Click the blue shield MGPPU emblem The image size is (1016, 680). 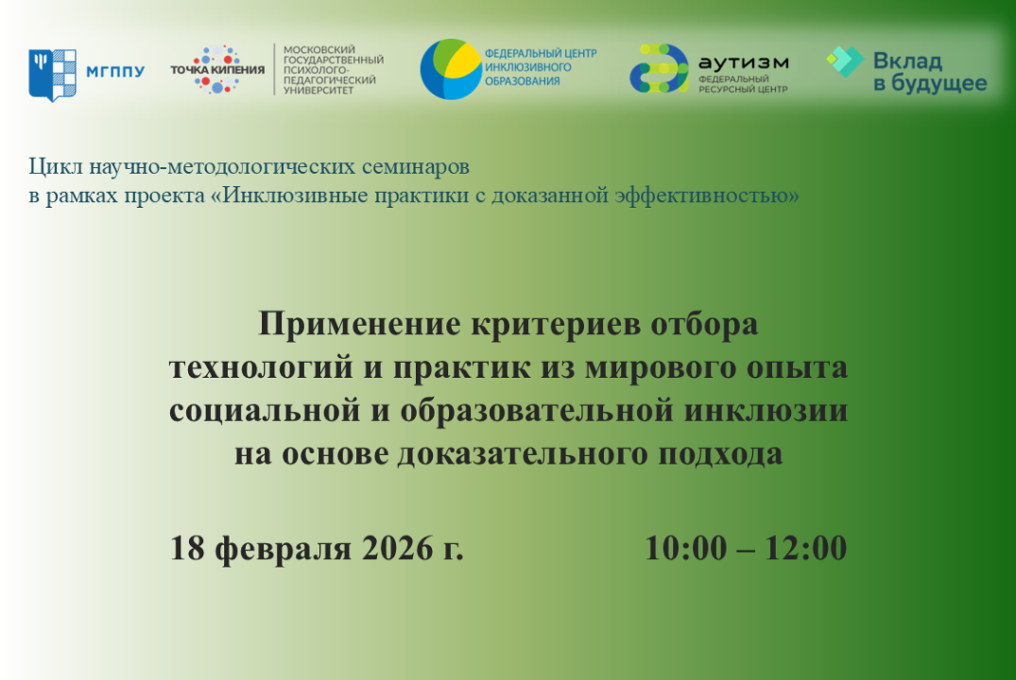tap(53, 75)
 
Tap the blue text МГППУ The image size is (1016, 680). tap(115, 71)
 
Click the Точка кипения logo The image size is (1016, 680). tap(217, 69)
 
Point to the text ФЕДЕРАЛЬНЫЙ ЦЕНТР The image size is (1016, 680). tap(541, 53)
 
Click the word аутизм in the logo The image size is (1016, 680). tap(744, 63)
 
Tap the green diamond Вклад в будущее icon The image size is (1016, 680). tap(845, 61)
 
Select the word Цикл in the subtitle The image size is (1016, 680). tap(56, 166)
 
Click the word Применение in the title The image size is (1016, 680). tap(360, 324)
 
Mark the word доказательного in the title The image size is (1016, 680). tap(524, 454)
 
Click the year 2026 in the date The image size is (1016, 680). tap(397, 548)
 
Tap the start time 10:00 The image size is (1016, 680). tap(686, 548)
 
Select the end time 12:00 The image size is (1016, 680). tap(806, 548)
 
